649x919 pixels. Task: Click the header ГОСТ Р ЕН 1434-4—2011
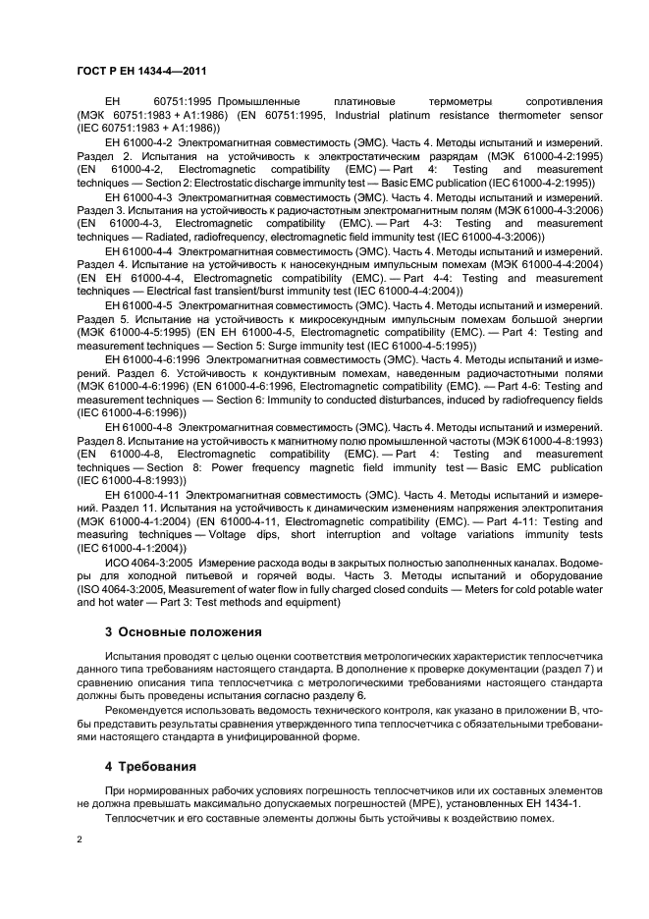pyautogui.click(x=141, y=71)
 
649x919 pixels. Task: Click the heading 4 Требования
pyautogui.click(x=150, y=766)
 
